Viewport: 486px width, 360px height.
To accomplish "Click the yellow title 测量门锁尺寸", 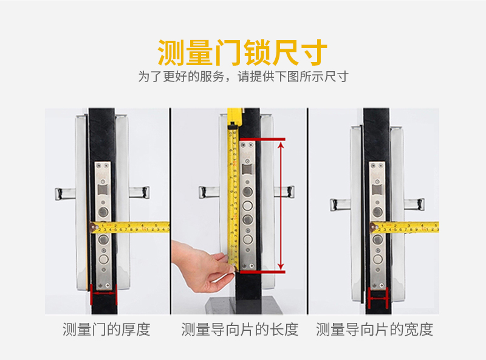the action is [x=242, y=52].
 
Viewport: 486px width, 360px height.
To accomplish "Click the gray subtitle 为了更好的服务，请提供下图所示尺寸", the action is [x=244, y=77].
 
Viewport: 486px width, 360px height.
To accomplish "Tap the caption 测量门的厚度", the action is [x=106, y=329].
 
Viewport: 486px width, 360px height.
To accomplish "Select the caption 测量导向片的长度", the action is [x=240, y=329].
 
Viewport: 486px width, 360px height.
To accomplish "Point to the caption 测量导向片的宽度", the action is [x=374, y=329].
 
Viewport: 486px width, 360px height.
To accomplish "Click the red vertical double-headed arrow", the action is [x=281, y=206].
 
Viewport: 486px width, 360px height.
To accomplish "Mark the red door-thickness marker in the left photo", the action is [x=103, y=294].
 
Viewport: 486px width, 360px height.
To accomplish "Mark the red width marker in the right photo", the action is [x=378, y=298].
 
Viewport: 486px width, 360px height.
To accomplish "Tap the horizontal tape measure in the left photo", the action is [x=129, y=227].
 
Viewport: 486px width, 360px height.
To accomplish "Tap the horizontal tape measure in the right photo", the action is [x=404, y=227].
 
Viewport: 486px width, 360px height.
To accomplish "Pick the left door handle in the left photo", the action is [x=66, y=193].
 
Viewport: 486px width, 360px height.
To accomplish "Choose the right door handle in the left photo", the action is [x=139, y=192].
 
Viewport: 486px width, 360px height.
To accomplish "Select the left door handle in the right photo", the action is [x=340, y=204].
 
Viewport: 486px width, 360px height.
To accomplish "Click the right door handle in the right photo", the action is [x=414, y=204].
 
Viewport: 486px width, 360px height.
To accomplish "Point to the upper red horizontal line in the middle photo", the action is [x=262, y=139].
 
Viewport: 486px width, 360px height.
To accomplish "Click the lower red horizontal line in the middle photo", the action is [x=262, y=272].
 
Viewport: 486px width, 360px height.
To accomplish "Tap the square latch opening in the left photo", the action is [x=103, y=190].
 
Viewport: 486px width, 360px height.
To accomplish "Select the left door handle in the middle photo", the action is [x=209, y=192].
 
